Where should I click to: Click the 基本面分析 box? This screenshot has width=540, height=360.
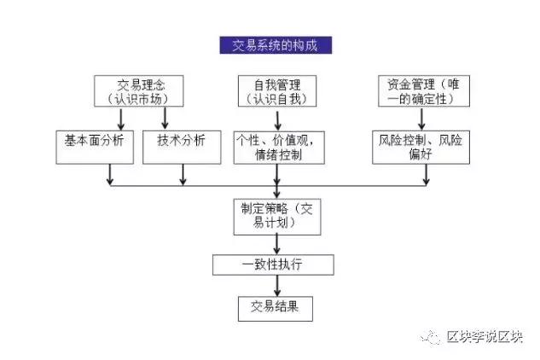click(x=94, y=142)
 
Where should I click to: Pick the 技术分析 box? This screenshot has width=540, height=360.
click(x=181, y=142)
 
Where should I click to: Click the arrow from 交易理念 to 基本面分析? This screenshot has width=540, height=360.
click(x=110, y=119)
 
